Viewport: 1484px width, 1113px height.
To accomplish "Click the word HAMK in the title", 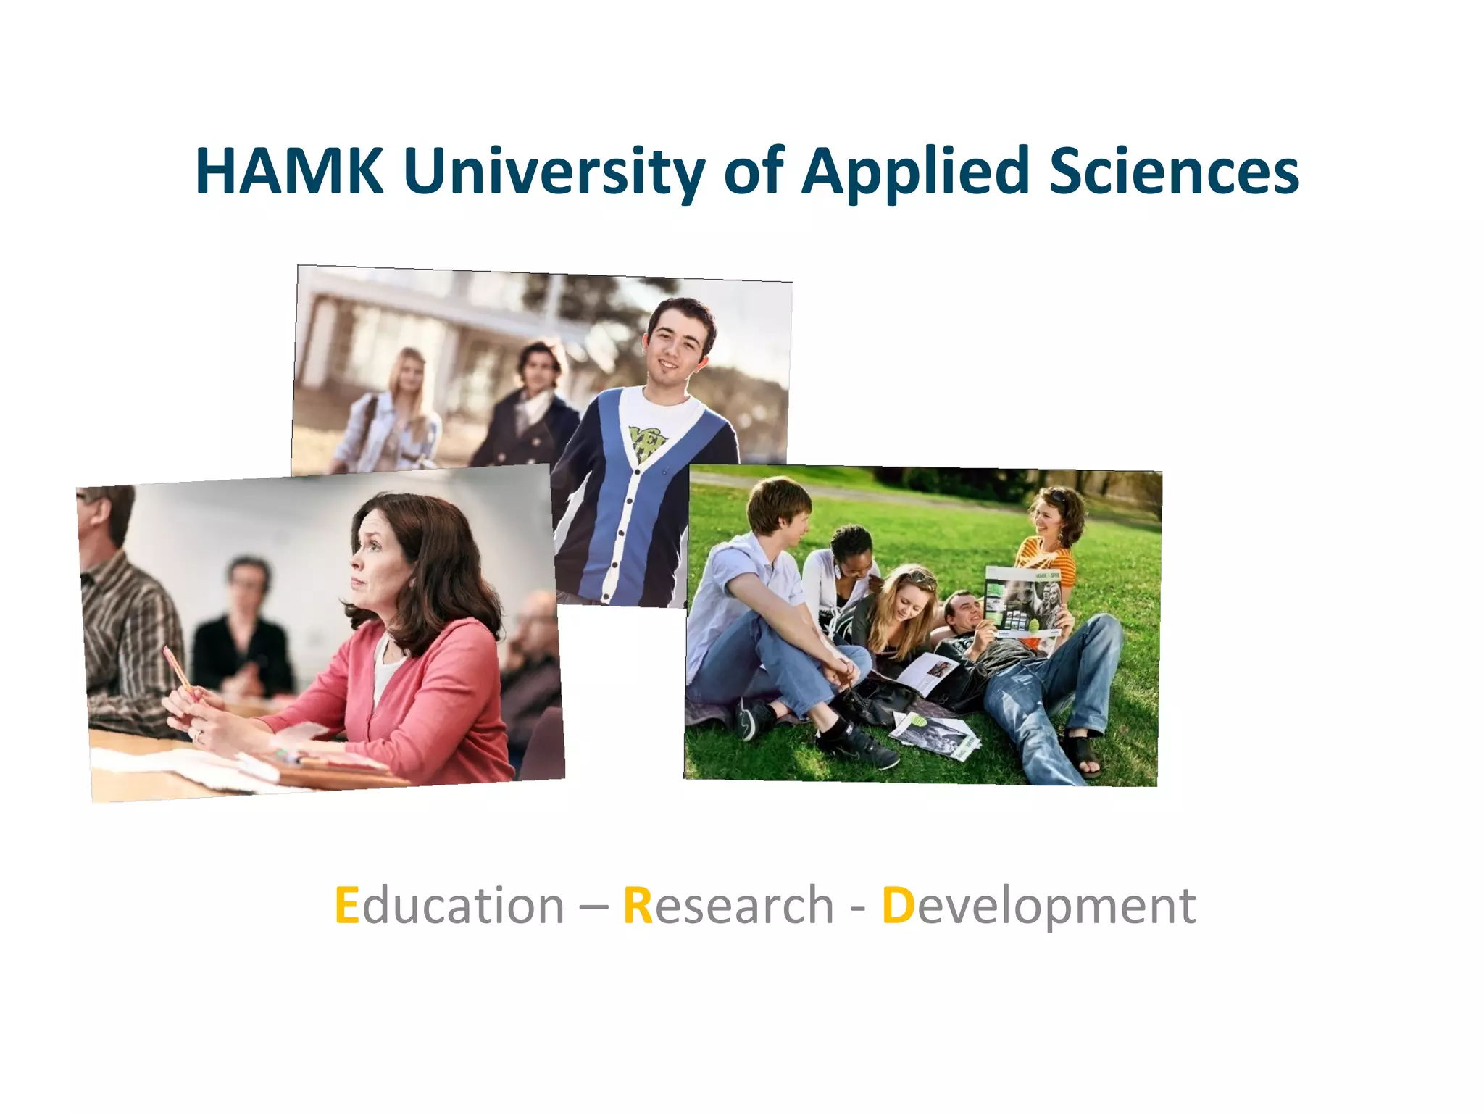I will point(289,171).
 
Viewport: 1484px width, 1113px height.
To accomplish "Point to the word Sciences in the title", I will point(1174,171).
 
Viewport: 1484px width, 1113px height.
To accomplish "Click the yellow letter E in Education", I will point(347,906).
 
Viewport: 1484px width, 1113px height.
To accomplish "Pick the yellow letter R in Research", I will point(638,906).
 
